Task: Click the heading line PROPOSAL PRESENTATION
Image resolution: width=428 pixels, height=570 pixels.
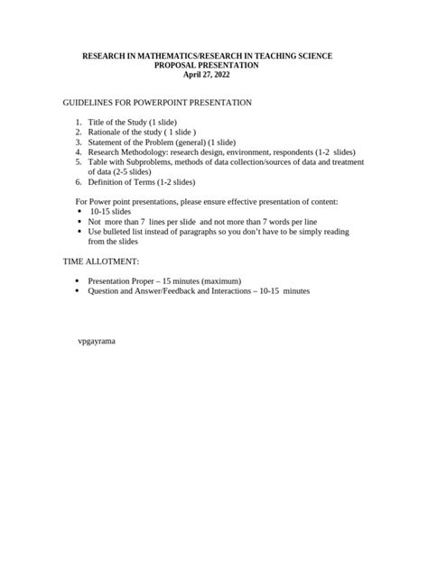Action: pos(207,66)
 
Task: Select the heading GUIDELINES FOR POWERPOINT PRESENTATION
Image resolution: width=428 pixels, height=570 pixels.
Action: pos(157,103)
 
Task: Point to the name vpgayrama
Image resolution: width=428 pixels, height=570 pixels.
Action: pos(98,342)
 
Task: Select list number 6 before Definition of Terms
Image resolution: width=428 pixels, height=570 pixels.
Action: pos(79,181)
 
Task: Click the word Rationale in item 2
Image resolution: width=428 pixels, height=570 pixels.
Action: pos(105,132)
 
